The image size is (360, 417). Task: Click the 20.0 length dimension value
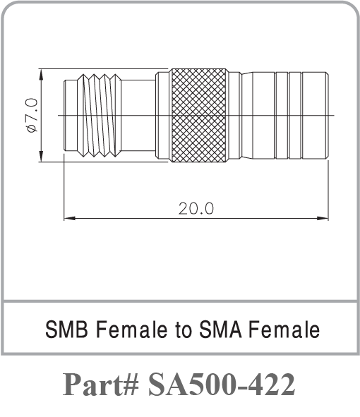pyautogui.click(x=196, y=209)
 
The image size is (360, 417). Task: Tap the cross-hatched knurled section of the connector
pyautogui.click(x=198, y=115)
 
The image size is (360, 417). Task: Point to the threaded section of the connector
pyautogui.click(x=100, y=115)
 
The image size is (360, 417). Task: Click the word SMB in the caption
pyautogui.click(x=66, y=330)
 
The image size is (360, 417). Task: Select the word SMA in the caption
pyautogui.click(x=220, y=330)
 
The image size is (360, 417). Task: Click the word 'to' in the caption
pyautogui.click(x=184, y=330)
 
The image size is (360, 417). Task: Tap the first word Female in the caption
pyautogui.click(x=132, y=330)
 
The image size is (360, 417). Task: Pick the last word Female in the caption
pyautogui.click(x=284, y=330)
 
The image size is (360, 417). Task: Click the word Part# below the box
pyautogui.click(x=101, y=385)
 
